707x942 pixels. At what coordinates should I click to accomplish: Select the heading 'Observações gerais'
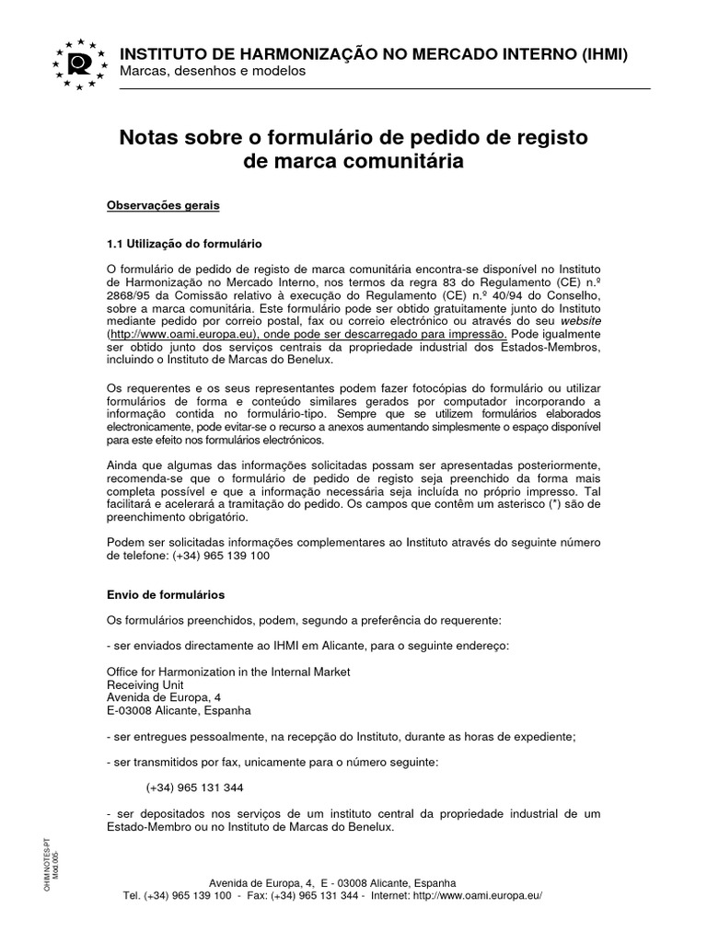tap(164, 206)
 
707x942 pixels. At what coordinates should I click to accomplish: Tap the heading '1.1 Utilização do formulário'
tap(185, 244)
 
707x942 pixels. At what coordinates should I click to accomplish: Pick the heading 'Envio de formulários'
tap(167, 595)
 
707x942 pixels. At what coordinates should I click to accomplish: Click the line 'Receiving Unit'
tap(145, 684)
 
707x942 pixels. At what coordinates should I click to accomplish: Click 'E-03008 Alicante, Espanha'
tap(179, 711)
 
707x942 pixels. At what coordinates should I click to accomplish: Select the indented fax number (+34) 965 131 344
tap(195, 787)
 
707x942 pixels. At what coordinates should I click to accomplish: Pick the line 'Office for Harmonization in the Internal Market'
tap(229, 672)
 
